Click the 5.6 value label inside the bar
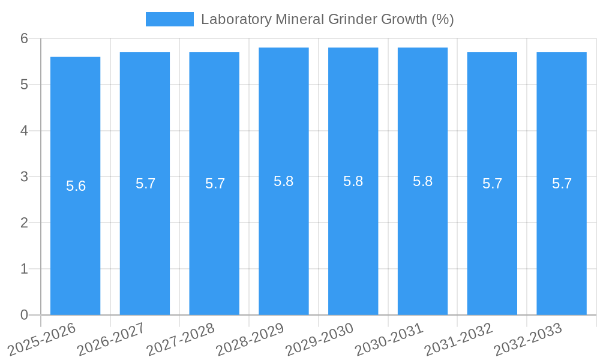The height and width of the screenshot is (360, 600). click(76, 186)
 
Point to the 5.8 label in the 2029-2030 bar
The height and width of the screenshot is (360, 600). click(353, 181)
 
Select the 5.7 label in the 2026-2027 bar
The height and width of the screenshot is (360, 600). click(145, 184)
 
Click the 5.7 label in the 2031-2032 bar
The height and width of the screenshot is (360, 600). click(492, 184)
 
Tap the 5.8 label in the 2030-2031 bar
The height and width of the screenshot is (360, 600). click(422, 181)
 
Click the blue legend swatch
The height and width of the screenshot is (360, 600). click(170, 19)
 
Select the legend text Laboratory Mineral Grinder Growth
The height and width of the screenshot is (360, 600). click(327, 19)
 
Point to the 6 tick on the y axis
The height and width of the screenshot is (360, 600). click(24, 38)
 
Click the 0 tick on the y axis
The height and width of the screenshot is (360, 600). click(24, 315)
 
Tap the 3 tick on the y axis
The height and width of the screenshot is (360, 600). click(24, 177)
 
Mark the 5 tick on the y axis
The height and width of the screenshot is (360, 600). click(24, 85)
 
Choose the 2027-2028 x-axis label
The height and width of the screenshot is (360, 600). click(180, 339)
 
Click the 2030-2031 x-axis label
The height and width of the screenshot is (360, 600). click(389, 339)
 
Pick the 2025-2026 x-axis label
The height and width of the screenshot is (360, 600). click(41, 339)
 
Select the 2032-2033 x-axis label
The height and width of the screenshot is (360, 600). click(527, 339)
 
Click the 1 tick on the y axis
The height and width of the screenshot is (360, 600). click(24, 269)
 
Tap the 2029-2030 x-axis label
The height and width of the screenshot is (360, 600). click(319, 339)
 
